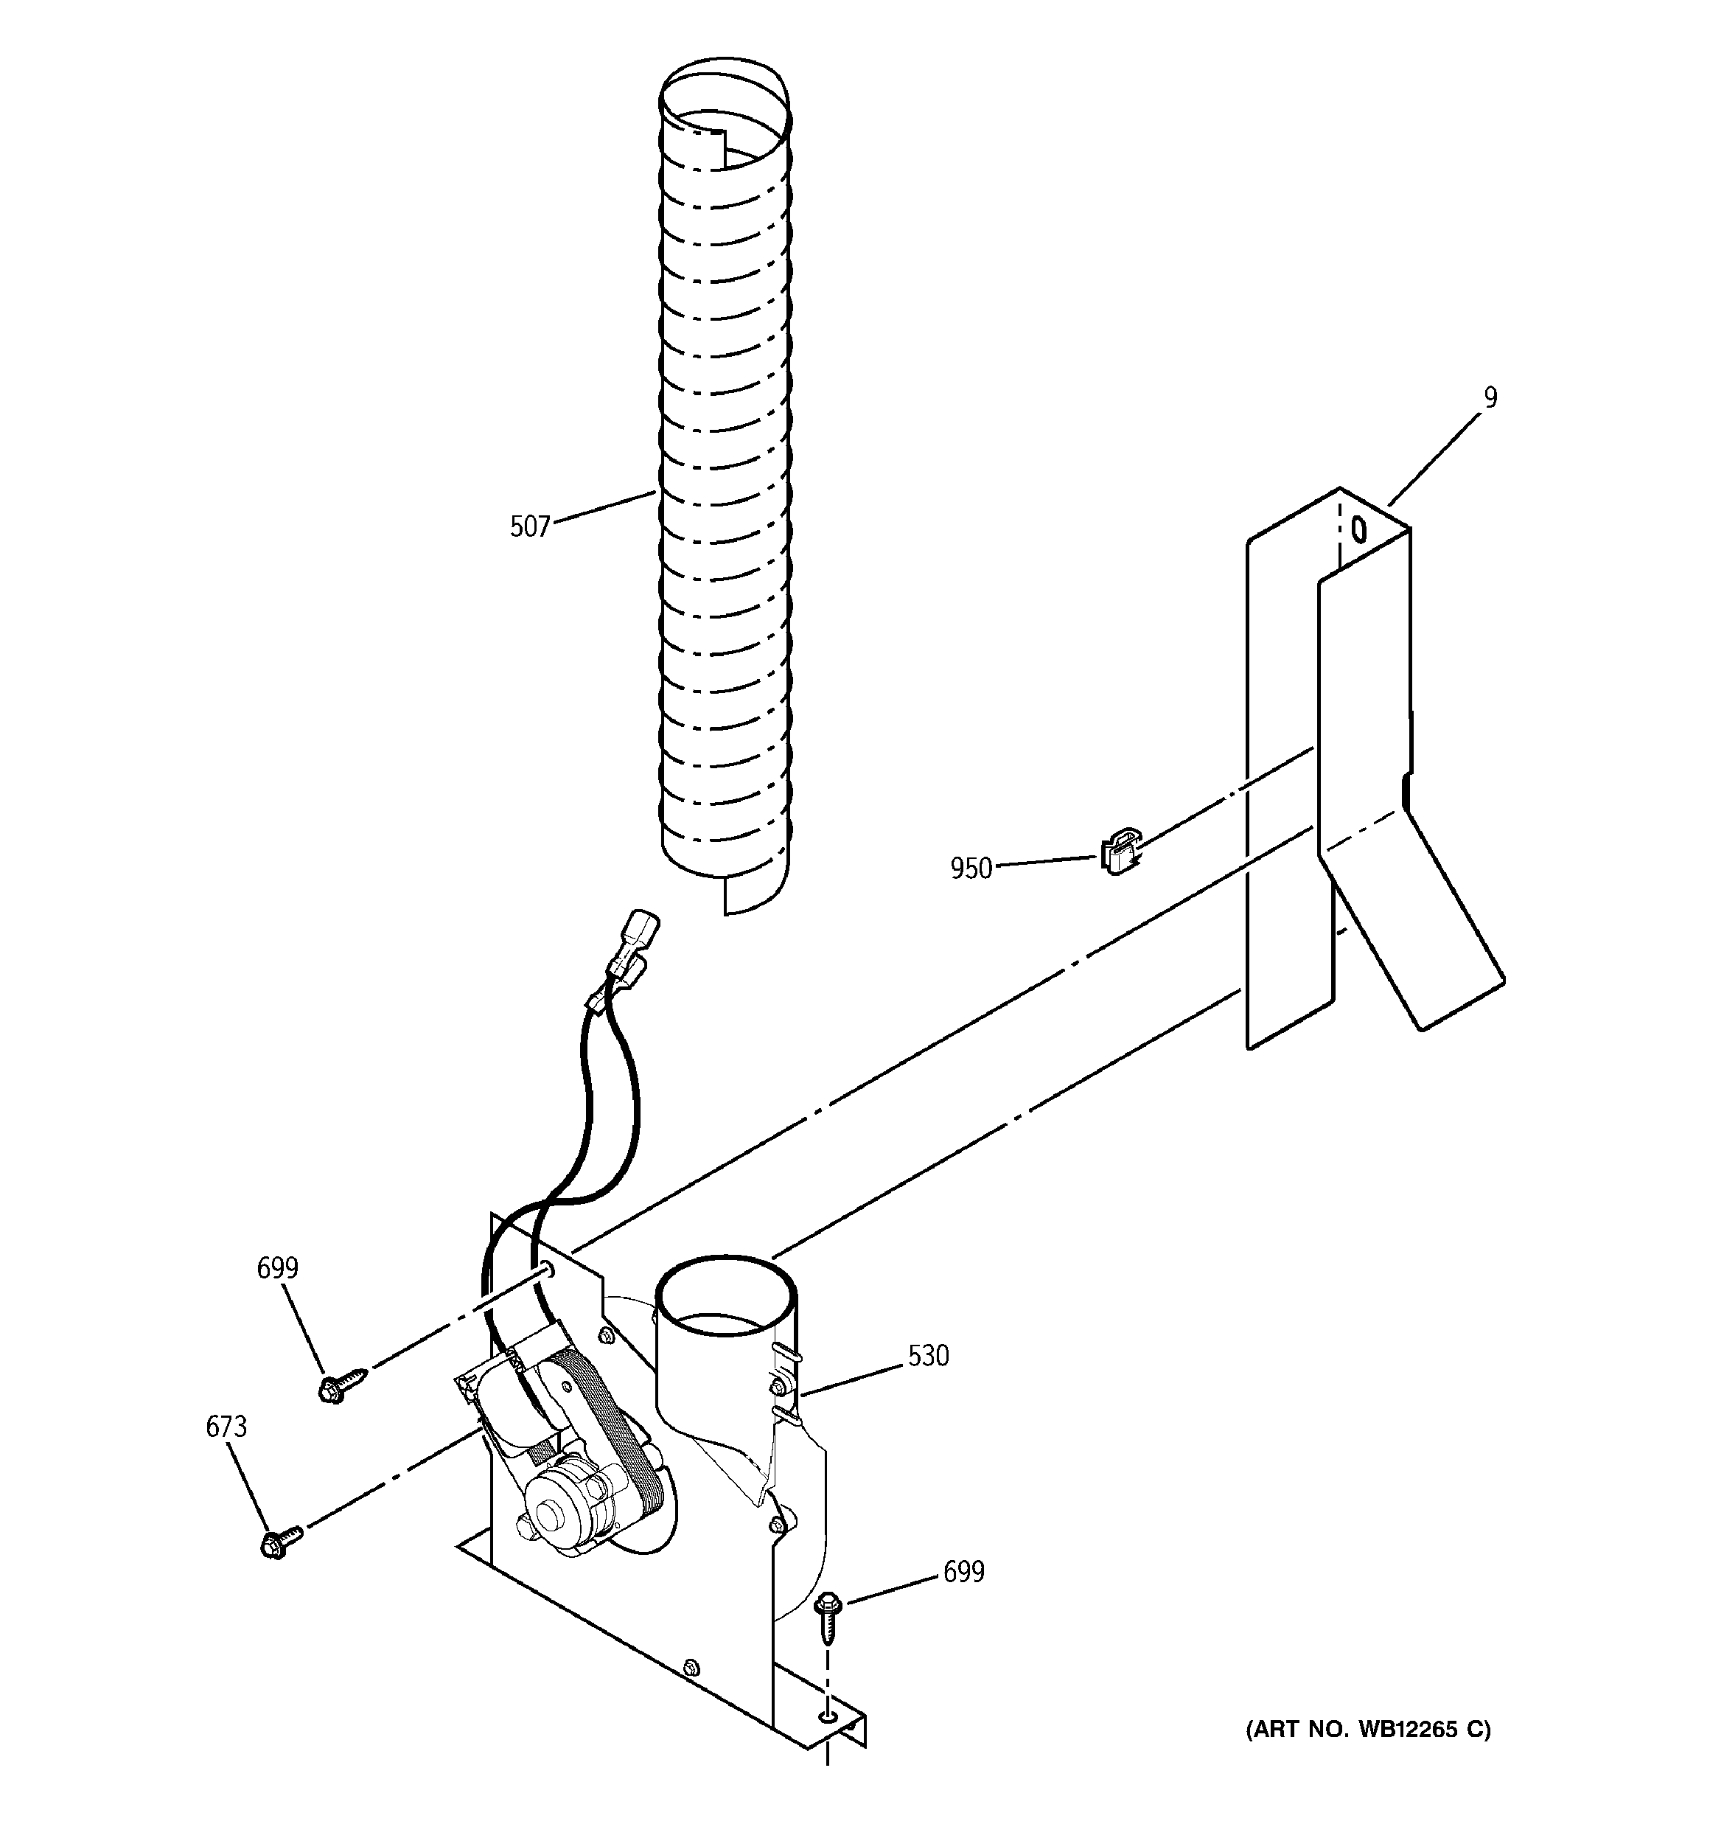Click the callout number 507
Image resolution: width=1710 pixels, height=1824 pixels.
click(x=529, y=526)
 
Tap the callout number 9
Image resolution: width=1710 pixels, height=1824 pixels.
click(x=1490, y=397)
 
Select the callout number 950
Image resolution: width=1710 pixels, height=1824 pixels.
click(x=971, y=868)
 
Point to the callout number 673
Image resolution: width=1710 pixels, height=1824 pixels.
click(x=226, y=1426)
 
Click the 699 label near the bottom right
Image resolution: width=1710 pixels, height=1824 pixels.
click(x=963, y=1572)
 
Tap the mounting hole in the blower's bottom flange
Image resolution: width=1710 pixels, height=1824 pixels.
click(x=828, y=1715)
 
